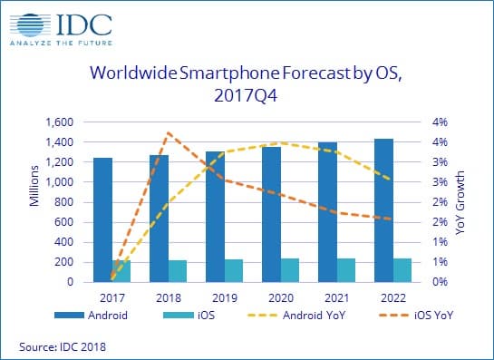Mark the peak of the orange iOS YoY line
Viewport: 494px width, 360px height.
coord(168,133)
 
